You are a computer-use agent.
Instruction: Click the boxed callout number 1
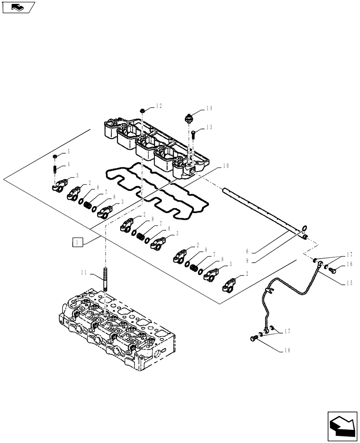77,242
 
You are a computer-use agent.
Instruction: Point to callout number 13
209,127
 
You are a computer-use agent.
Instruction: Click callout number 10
225,166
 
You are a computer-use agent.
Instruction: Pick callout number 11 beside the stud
84,273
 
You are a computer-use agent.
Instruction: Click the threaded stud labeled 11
106,279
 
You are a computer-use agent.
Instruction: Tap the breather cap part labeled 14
189,119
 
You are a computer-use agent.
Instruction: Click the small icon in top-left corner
18,7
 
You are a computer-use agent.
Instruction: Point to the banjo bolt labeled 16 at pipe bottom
254,338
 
